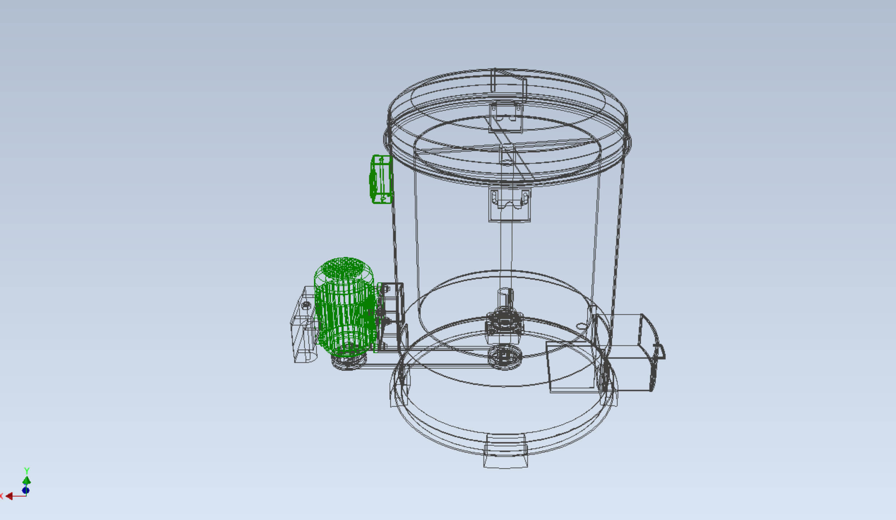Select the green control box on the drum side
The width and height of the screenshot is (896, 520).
click(381, 179)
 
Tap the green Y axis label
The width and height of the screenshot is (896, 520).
click(27, 470)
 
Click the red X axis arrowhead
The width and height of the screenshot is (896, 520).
click(9, 496)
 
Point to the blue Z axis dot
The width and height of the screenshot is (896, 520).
click(25, 490)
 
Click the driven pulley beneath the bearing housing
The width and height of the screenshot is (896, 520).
click(505, 357)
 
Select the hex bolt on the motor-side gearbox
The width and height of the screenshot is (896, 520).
click(306, 305)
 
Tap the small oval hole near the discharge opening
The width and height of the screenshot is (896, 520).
click(581, 326)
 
